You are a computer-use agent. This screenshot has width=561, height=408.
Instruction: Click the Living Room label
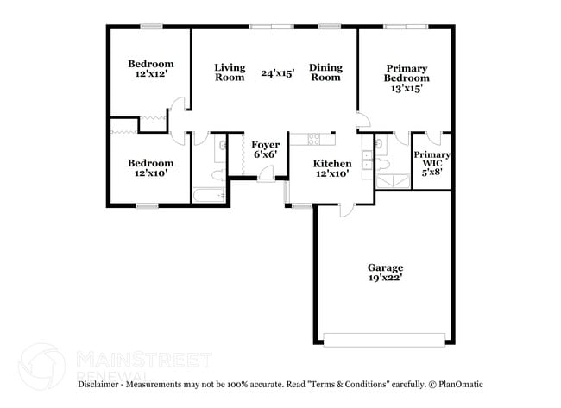[x=230, y=72]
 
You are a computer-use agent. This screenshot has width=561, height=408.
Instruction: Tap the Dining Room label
[x=325, y=72]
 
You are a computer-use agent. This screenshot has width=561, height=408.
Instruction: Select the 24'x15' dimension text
[x=278, y=73]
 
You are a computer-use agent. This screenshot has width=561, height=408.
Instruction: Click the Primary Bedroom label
[x=406, y=73]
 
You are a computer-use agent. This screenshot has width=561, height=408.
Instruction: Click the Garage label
[x=385, y=267]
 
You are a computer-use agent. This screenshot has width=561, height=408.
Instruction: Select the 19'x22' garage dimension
[x=385, y=279]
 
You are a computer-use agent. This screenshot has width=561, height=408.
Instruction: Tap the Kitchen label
[x=331, y=163]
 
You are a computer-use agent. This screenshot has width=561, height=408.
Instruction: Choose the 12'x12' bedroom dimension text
[x=150, y=74]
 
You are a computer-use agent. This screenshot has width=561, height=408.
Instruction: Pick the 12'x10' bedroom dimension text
[x=150, y=173]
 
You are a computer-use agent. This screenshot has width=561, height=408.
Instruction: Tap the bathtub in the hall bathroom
[x=208, y=195]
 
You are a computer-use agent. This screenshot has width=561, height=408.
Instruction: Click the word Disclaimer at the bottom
[x=104, y=384]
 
